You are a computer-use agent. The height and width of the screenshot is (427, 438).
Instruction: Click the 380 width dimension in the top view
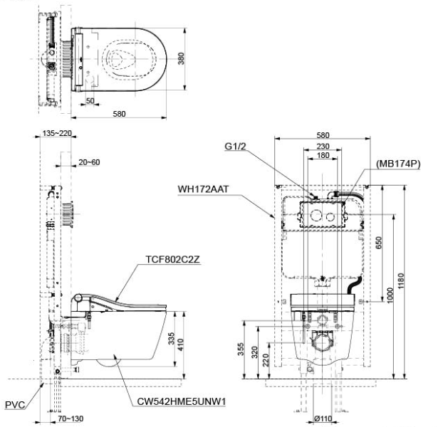point(181,58)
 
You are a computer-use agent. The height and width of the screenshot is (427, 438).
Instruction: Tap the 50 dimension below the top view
point(90,101)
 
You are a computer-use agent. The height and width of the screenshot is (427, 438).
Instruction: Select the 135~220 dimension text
point(57,133)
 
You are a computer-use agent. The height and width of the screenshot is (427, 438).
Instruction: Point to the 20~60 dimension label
point(89,162)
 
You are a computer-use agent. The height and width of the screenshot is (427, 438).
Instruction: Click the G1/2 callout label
point(235,146)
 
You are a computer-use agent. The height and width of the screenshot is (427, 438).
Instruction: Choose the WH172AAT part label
point(203,189)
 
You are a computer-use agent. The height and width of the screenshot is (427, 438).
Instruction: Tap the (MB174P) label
point(398,164)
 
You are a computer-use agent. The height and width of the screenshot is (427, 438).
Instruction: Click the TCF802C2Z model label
point(172,260)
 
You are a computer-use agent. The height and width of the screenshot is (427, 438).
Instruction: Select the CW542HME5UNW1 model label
point(182,401)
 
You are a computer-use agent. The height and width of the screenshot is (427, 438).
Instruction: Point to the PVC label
point(15,405)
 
